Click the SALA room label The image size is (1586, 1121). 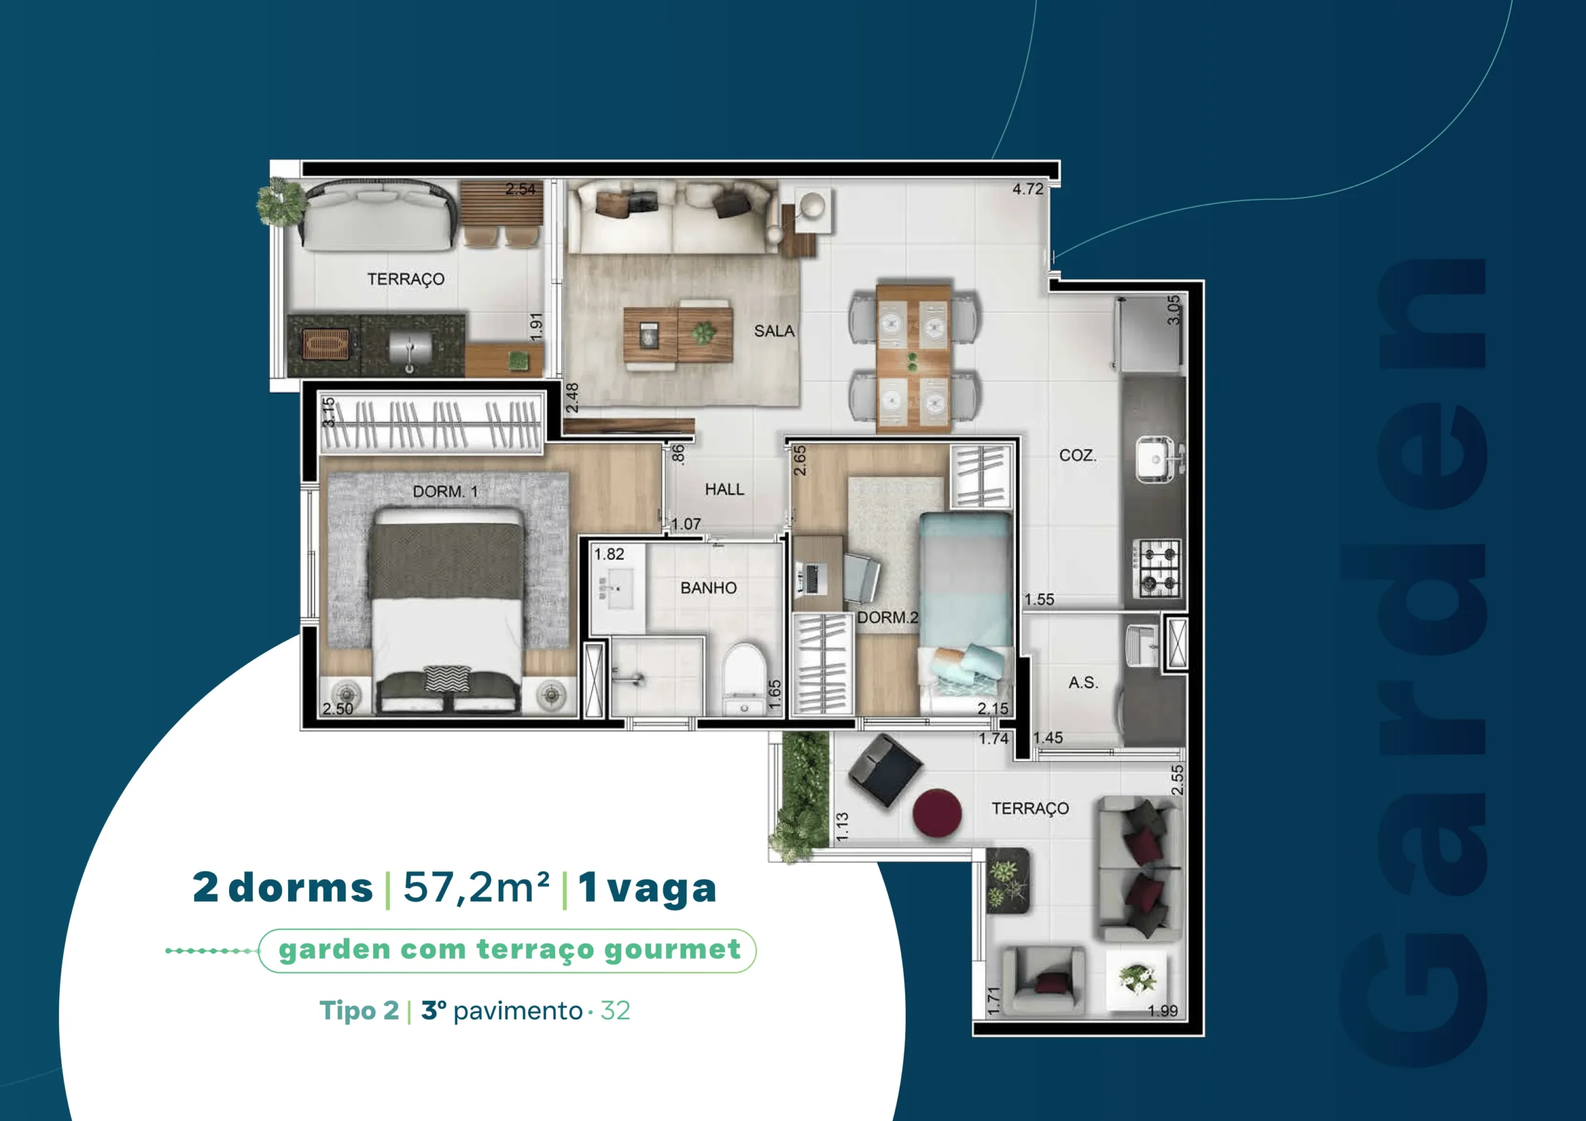(774, 331)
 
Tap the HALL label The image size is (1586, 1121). (724, 489)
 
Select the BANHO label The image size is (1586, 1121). (708, 588)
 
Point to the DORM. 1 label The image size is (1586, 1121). (445, 491)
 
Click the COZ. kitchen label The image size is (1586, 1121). (1077, 455)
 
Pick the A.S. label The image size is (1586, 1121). (1082, 683)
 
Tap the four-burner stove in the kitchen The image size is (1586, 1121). (1156, 569)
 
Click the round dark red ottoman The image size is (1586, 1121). (937, 813)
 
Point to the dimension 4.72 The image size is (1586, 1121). (1028, 188)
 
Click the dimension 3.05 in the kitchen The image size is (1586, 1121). (1173, 310)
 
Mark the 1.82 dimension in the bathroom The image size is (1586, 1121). (608, 554)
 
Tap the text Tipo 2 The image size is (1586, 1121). (359, 1011)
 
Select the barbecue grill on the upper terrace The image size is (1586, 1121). (326, 344)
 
